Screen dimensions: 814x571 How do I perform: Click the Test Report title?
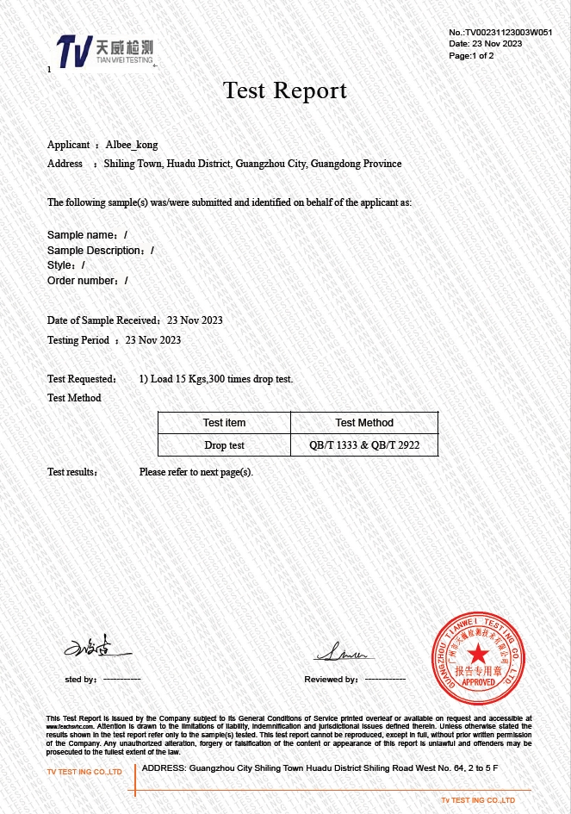(x=285, y=90)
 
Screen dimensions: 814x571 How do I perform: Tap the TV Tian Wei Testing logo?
(x=104, y=51)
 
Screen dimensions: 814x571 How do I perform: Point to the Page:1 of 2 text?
(x=471, y=55)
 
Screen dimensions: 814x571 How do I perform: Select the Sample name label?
(x=82, y=235)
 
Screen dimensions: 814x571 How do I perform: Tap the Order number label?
(x=82, y=281)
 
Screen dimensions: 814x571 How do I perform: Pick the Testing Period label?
(x=78, y=340)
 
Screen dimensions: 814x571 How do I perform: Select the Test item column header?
(x=224, y=423)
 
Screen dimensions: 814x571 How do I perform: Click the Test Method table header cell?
(x=363, y=423)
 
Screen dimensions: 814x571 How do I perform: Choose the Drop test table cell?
(x=224, y=445)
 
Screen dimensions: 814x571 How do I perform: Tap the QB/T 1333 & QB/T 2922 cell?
(x=363, y=445)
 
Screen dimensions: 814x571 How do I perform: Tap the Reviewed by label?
(x=331, y=680)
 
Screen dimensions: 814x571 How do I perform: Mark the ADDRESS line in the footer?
(x=320, y=767)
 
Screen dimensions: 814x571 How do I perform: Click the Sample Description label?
(x=95, y=251)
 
